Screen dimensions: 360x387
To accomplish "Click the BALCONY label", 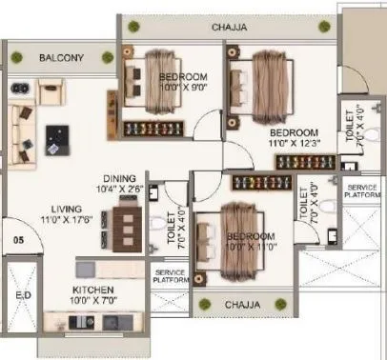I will tap(62, 58).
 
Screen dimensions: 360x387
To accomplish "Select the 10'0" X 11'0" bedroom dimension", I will tap(252, 247).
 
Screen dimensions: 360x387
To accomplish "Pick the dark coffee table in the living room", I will tap(57, 139).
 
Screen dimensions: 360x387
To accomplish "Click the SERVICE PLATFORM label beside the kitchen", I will tap(169, 275).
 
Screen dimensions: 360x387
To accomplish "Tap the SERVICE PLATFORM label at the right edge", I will tap(362, 191).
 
